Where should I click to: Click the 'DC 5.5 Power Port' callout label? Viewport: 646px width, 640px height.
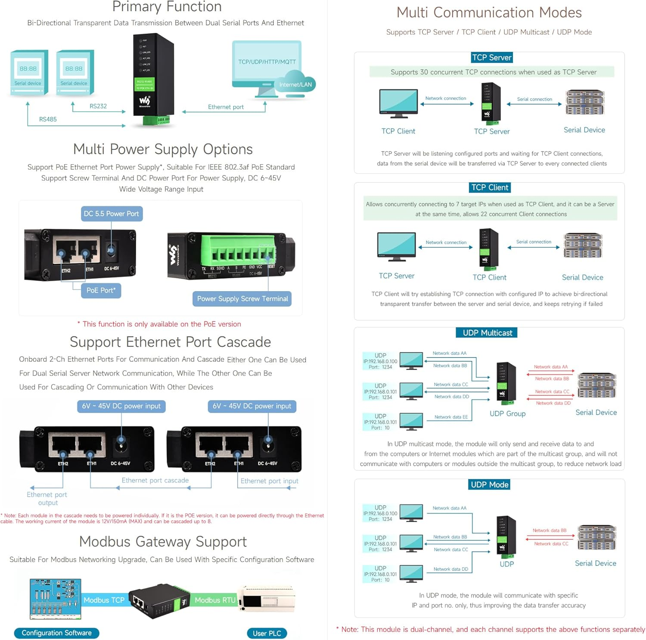tap(112, 214)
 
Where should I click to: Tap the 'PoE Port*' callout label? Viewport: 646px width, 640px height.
tap(101, 290)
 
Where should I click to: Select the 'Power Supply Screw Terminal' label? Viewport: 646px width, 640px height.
tap(242, 298)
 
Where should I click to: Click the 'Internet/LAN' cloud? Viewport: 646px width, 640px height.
tap(295, 84)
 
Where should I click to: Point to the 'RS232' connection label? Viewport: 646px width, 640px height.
tap(98, 106)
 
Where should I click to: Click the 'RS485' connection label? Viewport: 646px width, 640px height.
tap(48, 119)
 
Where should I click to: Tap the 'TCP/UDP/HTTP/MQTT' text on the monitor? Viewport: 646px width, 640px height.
tap(267, 62)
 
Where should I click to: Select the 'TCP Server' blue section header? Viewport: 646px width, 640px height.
tap(491, 57)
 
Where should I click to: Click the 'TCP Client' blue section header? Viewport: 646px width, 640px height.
tap(490, 187)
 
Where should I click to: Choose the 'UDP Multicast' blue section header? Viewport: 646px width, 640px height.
tap(487, 332)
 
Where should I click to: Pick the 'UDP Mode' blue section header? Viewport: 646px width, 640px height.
tap(490, 485)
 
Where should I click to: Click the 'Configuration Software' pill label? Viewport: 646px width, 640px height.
tap(56, 633)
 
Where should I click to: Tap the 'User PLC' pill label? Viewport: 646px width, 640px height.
tap(267, 633)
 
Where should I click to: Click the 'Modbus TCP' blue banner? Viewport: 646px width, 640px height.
tap(104, 600)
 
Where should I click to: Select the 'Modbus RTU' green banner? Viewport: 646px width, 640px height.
tap(215, 600)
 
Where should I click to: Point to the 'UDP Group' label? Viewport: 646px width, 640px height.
tap(507, 413)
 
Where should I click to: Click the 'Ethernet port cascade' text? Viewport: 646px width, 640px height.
tap(155, 480)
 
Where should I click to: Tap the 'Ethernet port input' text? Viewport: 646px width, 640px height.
tap(269, 481)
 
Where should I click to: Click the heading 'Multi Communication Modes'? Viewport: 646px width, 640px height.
tap(489, 12)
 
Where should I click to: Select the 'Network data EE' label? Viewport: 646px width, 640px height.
tap(451, 417)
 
